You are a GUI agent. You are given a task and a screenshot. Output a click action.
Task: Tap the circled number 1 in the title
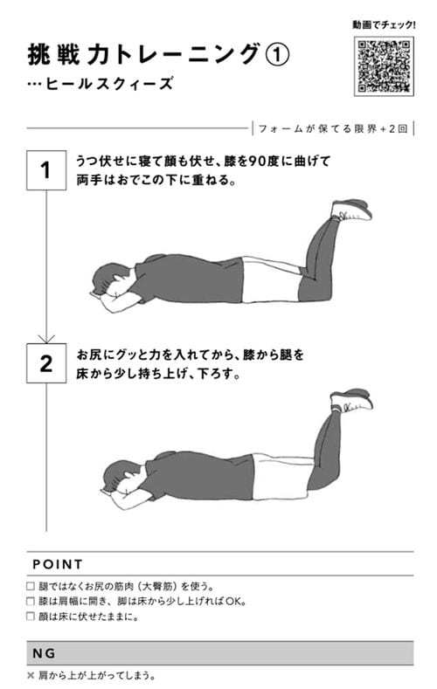tap(275, 55)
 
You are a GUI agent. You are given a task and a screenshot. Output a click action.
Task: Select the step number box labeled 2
tap(45, 363)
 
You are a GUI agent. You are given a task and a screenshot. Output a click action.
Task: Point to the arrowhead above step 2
tap(45, 336)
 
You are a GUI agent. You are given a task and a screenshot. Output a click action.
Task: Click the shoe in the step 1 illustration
tap(351, 210)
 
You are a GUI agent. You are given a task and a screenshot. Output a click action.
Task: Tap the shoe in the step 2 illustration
tap(351, 400)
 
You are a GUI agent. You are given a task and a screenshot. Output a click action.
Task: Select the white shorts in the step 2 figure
tap(280, 476)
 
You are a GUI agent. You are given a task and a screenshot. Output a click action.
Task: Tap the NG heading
tap(44, 652)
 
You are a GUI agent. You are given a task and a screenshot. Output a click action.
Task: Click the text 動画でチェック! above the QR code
tap(385, 24)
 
